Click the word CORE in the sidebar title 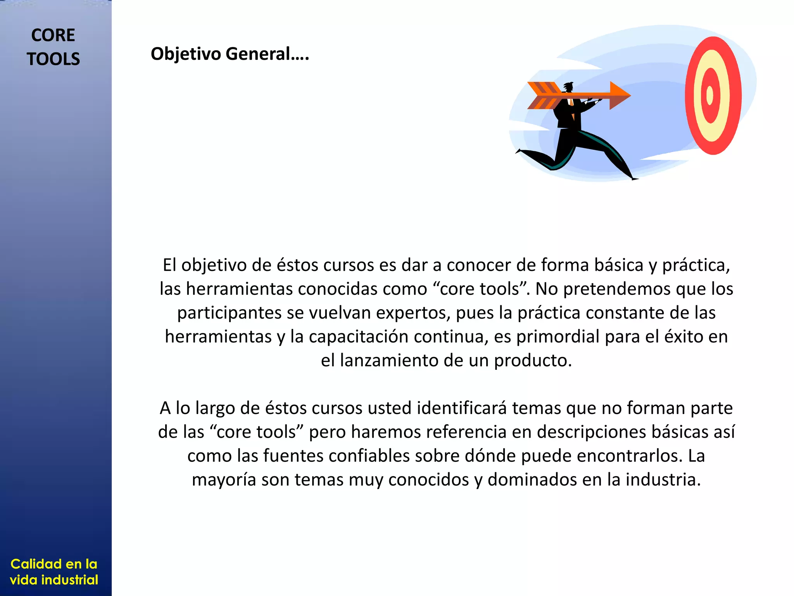(53, 35)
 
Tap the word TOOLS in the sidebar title (53, 59)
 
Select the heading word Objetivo (186, 54)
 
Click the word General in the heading (258, 54)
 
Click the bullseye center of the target (710, 95)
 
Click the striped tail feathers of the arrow (543, 95)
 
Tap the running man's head (568, 87)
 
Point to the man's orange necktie (571, 103)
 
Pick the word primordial (558, 337)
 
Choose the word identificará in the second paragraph (462, 408)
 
